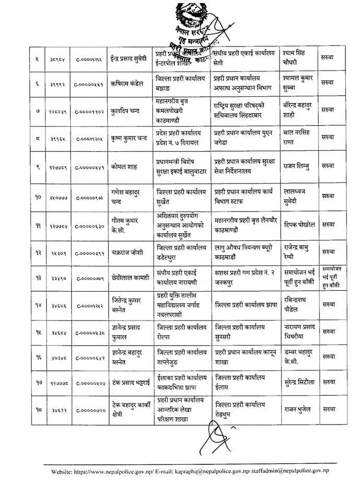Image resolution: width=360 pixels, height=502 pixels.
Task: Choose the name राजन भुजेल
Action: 298,409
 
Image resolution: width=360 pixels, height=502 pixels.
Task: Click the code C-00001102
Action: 89,111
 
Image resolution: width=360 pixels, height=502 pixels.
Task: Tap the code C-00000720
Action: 89,410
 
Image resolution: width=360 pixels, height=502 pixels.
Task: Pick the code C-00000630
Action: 89,225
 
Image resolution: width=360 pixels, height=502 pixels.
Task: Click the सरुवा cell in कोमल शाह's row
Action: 328,167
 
